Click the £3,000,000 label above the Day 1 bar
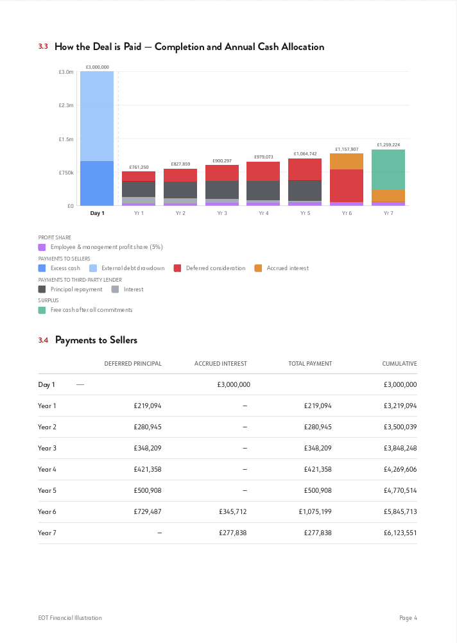click(x=97, y=67)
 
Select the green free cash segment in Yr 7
click(x=388, y=169)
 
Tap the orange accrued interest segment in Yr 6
click(x=347, y=161)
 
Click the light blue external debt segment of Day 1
click(x=97, y=116)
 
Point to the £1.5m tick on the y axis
click(x=66, y=139)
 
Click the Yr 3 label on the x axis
click(x=222, y=213)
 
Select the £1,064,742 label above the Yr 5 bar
click(x=305, y=154)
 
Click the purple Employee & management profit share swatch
click(x=42, y=247)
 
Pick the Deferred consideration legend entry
click(x=215, y=268)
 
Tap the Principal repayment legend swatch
click(x=42, y=289)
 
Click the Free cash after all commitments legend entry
click(x=91, y=310)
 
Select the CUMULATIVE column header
click(x=399, y=364)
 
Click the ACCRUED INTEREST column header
click(x=220, y=364)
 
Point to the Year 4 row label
click(x=47, y=469)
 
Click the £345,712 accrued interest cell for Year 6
click(x=233, y=511)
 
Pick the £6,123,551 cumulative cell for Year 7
click(x=400, y=533)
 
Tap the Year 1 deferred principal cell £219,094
click(x=148, y=406)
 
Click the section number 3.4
click(x=43, y=340)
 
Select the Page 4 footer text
click(x=408, y=618)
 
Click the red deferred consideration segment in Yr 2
click(x=180, y=175)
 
